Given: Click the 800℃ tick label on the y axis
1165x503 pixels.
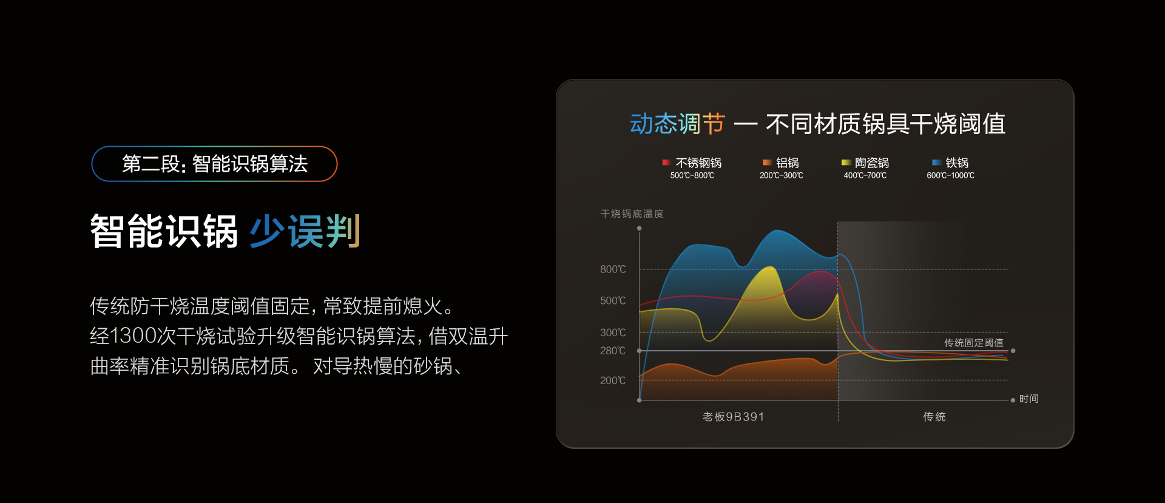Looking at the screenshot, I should [613, 269].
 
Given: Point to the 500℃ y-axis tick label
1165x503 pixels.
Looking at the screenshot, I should [613, 301].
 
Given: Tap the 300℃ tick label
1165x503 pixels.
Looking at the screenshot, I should [613, 333].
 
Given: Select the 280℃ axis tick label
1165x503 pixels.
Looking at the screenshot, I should [613, 351].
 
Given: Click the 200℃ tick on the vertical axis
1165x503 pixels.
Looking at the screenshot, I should [613, 380].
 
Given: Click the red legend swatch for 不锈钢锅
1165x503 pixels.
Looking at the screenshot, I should [666, 163].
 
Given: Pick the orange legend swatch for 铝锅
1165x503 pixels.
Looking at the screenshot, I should [767, 163].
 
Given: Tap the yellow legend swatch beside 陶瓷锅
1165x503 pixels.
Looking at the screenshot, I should [846, 163].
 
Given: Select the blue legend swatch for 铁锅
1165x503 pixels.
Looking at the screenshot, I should [936, 163].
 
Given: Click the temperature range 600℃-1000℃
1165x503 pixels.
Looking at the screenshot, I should [950, 176].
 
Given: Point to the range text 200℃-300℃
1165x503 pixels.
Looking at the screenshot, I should [781, 176].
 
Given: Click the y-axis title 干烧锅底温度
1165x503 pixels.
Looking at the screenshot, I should [632, 214].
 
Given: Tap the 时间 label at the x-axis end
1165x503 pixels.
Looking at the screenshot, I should [1028, 399].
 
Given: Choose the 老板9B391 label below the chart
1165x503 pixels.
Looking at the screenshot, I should [733, 417].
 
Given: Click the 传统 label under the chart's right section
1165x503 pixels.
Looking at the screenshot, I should [934, 417].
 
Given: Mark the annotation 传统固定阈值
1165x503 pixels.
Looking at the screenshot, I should [973, 343].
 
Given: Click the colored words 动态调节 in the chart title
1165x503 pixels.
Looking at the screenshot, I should [677, 124].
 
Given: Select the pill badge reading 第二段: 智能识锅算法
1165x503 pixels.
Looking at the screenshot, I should [214, 164].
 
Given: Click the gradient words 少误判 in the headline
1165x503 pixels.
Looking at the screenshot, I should [305, 231].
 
